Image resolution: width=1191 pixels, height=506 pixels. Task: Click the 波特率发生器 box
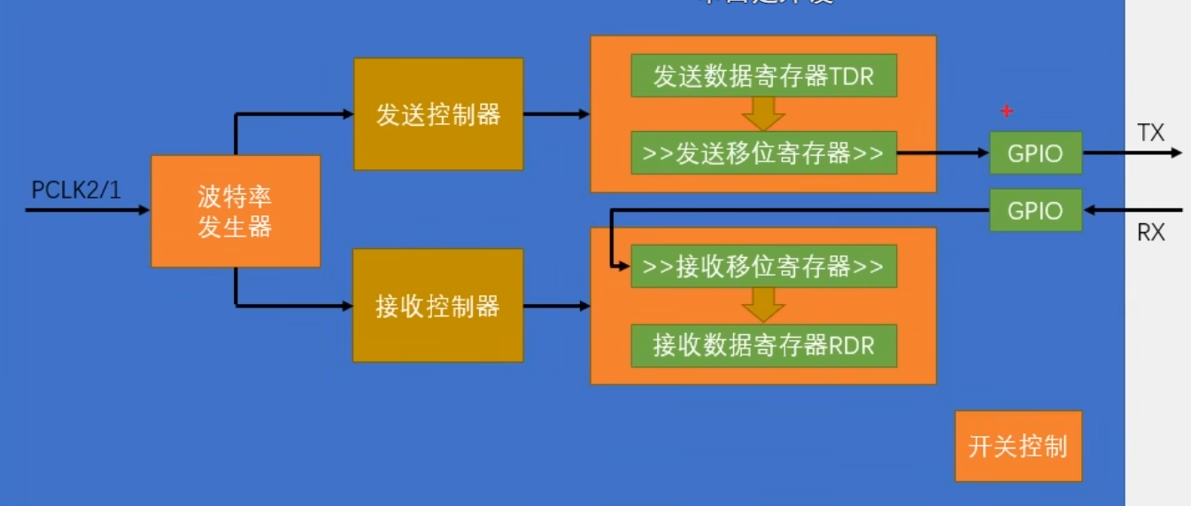(235, 211)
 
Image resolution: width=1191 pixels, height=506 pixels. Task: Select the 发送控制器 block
(438, 114)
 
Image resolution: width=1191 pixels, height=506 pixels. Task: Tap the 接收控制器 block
(438, 306)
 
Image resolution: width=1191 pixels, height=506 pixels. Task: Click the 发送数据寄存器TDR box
(763, 76)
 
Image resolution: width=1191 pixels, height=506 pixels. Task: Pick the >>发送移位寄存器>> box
(763, 153)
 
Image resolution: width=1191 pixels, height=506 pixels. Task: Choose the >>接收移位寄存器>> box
(763, 266)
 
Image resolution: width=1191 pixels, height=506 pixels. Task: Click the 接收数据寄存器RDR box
(763, 346)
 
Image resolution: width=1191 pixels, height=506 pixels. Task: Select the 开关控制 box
(1018, 446)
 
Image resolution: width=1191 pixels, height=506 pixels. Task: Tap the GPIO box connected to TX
(1035, 153)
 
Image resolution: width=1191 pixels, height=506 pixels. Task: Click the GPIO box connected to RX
(1035, 210)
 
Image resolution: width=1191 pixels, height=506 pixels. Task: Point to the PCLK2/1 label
(75, 190)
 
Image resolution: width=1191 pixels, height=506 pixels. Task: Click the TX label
(1150, 133)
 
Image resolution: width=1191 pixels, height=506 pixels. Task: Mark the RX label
(1150, 233)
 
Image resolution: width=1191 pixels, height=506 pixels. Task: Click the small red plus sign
(1006, 111)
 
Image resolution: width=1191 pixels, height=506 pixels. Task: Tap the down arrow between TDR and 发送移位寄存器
(763, 113)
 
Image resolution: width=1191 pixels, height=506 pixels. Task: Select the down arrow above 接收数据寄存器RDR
(763, 305)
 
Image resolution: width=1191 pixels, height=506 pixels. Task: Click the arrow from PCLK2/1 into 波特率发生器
(89, 211)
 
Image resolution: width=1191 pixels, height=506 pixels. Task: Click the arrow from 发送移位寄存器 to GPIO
(943, 153)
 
